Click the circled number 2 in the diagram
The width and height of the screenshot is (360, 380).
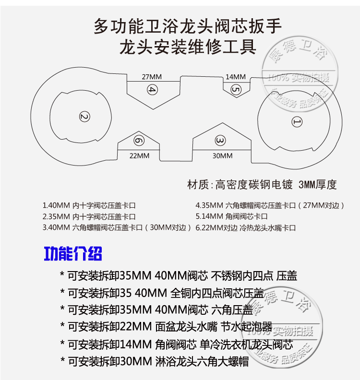pyautogui.click(x=84, y=117)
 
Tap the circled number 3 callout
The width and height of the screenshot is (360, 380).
pyautogui.click(x=220, y=141)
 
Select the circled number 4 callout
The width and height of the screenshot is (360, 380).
pyautogui.click(x=152, y=90)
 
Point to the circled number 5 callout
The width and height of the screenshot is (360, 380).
pyautogui.click(x=235, y=89)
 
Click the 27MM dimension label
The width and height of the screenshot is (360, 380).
pyautogui.click(x=152, y=77)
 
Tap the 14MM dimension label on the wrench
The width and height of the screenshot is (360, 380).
pyautogui.click(x=235, y=77)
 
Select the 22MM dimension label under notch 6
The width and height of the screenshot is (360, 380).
pyautogui.click(x=140, y=155)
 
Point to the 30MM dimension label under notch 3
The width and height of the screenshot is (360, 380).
pyautogui.click(x=222, y=155)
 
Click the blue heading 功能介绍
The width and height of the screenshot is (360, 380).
pyautogui.click(x=73, y=253)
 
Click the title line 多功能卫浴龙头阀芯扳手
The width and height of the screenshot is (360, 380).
pyautogui.click(x=188, y=26)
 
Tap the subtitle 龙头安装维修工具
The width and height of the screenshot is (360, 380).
pyautogui.click(x=187, y=47)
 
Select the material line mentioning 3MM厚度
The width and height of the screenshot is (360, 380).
pyautogui.click(x=261, y=184)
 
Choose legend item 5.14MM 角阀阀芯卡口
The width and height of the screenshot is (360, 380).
pyautogui.click(x=232, y=217)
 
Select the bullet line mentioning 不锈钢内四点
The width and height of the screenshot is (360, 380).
pyautogui.click(x=179, y=275)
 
